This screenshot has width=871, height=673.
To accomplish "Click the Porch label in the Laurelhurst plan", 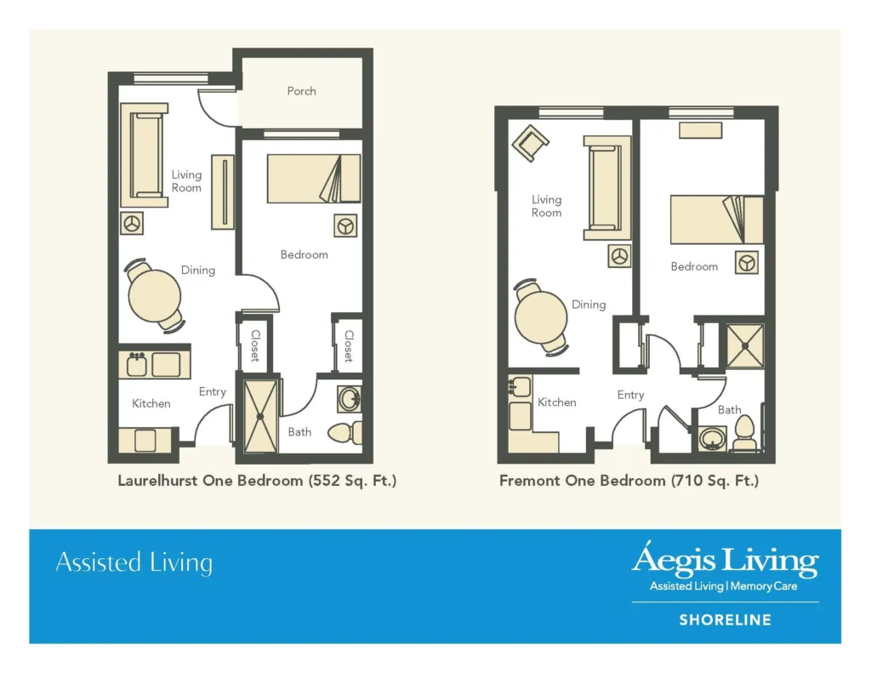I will coord(301,91).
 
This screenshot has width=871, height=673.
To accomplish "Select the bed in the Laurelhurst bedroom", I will coord(313,179).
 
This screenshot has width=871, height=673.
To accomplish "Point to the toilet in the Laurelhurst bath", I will coord(346,432).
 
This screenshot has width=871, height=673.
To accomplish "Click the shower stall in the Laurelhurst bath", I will coord(261,416).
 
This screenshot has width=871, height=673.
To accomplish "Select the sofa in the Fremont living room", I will coord(606,187).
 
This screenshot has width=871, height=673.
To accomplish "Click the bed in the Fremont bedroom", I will coord(715,220).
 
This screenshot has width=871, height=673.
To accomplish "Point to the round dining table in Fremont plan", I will coord(541,317).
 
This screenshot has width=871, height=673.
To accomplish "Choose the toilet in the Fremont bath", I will coord(744,433).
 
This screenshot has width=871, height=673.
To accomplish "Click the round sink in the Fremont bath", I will coord(711,440).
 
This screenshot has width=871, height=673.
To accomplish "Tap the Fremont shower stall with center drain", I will coord(745,345).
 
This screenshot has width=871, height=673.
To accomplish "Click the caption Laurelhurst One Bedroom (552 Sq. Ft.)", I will coord(257,481).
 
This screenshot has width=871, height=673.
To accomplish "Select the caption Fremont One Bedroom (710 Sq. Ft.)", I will coord(629,481).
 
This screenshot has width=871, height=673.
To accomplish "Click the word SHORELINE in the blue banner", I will coord(725,620).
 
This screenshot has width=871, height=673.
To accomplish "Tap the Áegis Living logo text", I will coord(725,561).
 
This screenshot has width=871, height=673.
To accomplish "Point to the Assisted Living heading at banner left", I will coord(134,562).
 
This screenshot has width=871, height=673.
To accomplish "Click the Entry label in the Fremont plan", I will coord(630,395).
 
